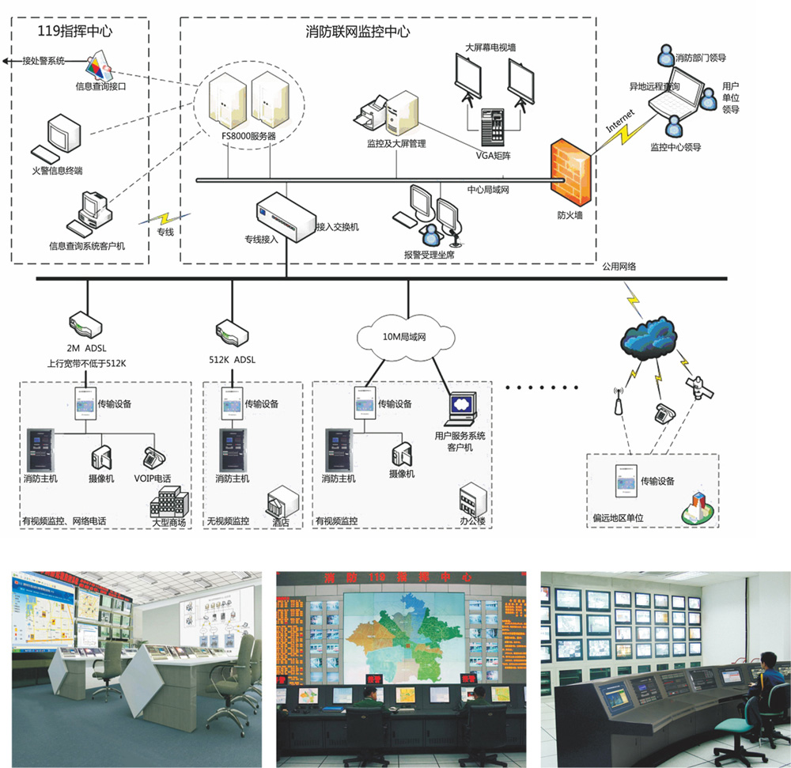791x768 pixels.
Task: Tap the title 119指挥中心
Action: coord(75,32)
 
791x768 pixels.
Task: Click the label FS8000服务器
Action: coord(248,135)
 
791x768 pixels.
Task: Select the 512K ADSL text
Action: coord(233,359)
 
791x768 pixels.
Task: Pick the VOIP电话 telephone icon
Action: coord(153,458)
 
